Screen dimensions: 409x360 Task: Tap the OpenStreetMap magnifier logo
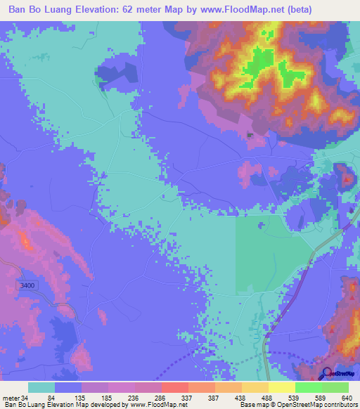click(x=328, y=372)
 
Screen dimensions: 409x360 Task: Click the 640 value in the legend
click(x=346, y=397)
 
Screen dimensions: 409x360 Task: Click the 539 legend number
click(x=292, y=397)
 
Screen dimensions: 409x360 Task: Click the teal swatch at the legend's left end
click(x=41, y=387)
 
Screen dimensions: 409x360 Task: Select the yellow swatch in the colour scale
click(x=282, y=387)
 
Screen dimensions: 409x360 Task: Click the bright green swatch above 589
click(x=309, y=387)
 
